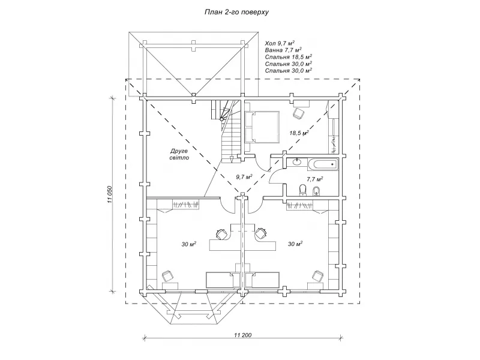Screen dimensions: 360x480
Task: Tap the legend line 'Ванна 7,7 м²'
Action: [284, 50]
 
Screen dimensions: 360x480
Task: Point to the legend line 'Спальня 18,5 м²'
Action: [289, 57]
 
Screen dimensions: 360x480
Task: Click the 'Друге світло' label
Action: [179, 154]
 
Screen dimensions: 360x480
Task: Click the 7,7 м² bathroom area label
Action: [315, 179]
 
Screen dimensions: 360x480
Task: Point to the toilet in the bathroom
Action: [302, 191]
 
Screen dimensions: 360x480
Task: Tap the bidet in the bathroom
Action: [318, 191]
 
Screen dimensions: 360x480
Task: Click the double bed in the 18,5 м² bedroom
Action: [262, 126]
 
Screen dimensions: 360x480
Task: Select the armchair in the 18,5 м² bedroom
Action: [298, 112]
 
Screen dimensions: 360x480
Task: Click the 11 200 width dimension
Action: [242, 334]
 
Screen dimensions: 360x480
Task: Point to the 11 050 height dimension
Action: [110, 195]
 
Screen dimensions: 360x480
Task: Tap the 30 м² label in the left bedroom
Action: [189, 244]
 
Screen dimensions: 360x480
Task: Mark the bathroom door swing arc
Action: [277, 175]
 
